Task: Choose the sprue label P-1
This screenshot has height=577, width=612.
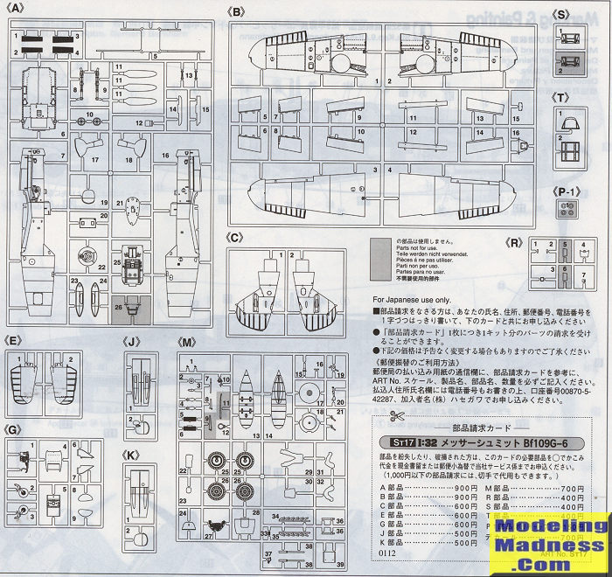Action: pyautogui.click(x=563, y=191)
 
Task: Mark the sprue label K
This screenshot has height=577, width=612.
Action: pyautogui.click(x=131, y=455)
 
